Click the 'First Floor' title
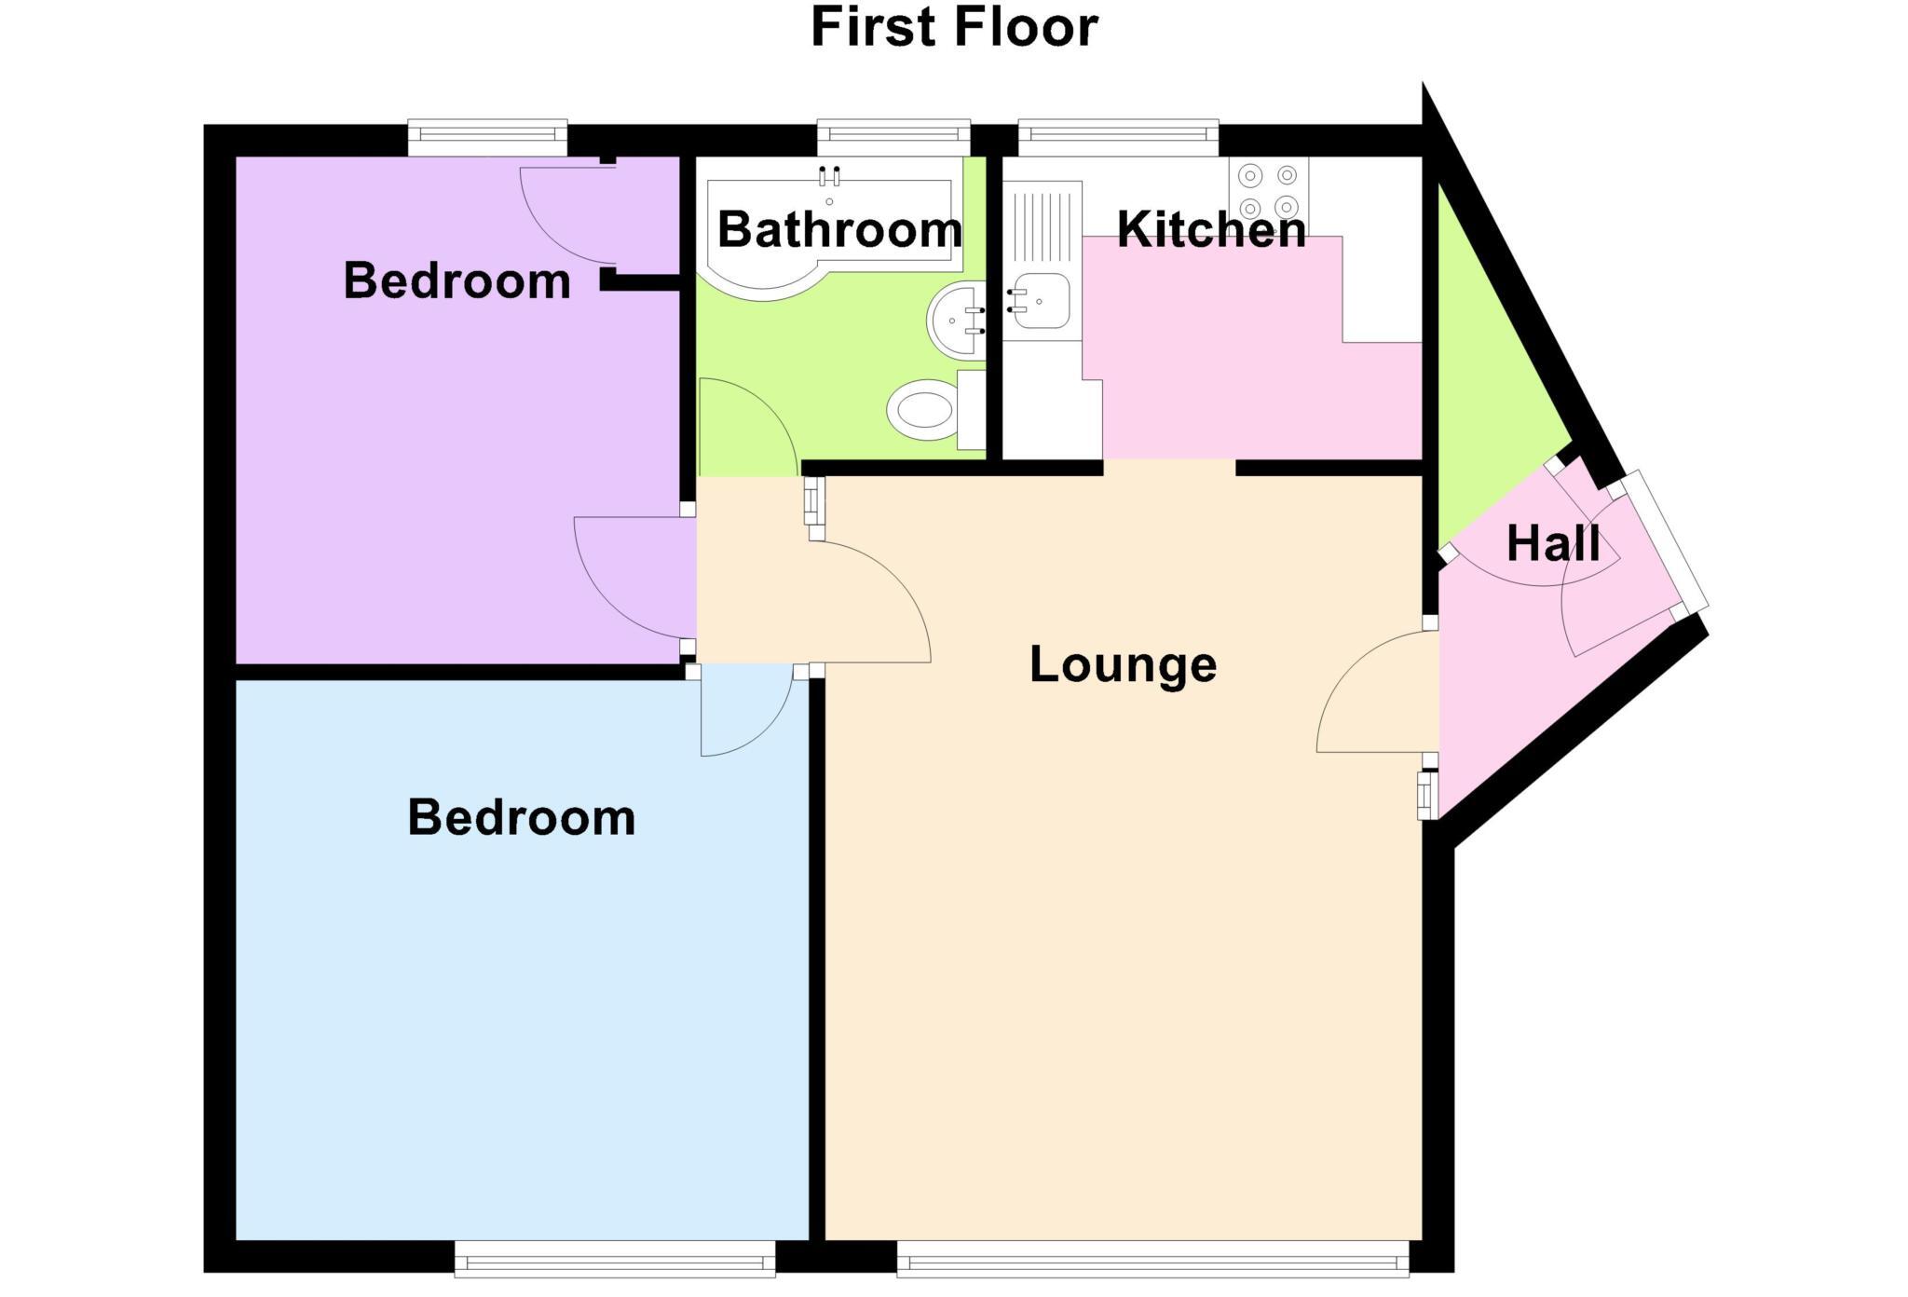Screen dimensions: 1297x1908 [954, 28]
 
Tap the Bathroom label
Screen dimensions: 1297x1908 [839, 229]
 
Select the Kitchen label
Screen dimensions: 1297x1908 [1211, 229]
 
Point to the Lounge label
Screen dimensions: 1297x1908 [1123, 664]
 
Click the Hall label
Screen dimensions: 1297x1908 [1553, 543]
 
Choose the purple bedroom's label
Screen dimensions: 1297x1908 [457, 280]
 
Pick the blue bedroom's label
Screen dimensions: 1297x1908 [522, 817]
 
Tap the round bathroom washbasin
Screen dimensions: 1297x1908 [955, 320]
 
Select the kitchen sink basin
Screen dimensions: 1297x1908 [1042, 300]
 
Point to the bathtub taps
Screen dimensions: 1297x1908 [829, 175]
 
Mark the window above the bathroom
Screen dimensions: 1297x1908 [893, 137]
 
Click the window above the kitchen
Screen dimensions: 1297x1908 [1118, 137]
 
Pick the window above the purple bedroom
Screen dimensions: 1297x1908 [487, 137]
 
